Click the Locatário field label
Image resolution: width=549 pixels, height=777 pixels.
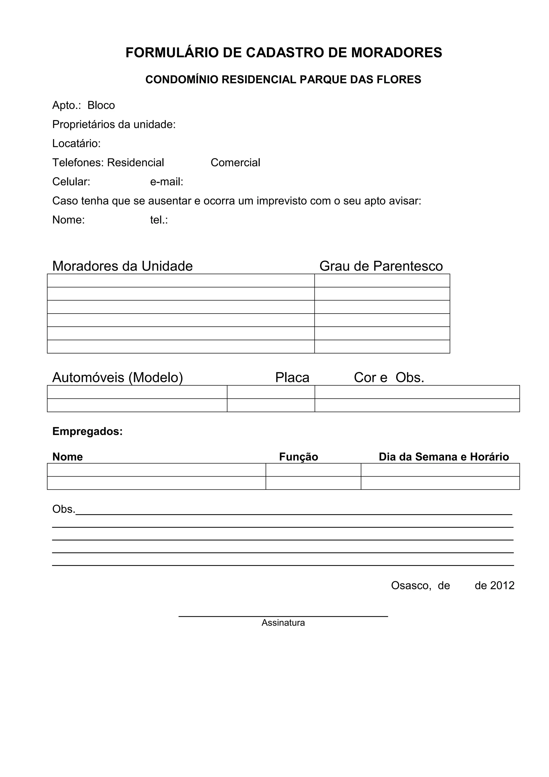click(x=76, y=144)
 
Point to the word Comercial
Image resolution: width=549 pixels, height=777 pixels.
click(x=235, y=163)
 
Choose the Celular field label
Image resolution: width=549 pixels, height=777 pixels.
click(x=71, y=182)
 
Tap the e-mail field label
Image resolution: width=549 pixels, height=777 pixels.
click(x=166, y=182)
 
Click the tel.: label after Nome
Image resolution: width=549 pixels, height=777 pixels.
click(x=159, y=220)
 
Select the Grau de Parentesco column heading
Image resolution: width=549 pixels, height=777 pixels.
click(x=381, y=266)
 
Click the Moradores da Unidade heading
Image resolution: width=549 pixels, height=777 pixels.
click(x=123, y=266)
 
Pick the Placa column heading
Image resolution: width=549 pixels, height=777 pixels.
click(x=292, y=378)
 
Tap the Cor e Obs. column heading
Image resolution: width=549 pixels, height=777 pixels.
click(x=389, y=378)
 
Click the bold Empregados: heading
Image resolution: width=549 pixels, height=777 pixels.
click(x=87, y=432)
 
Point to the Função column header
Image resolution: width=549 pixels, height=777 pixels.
click(x=298, y=457)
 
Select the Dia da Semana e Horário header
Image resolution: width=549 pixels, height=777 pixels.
click(x=444, y=457)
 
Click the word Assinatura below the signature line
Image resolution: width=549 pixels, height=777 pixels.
click(x=283, y=623)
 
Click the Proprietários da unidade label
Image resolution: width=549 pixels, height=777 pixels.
click(x=114, y=124)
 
